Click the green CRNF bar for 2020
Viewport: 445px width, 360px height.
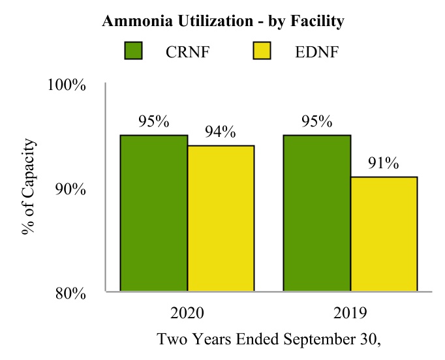tap(154, 213)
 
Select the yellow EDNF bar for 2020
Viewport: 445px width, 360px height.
tap(221, 218)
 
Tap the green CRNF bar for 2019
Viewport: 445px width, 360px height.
tap(317, 213)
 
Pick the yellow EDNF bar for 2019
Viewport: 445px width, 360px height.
tap(384, 233)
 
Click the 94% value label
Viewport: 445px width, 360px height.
tap(220, 132)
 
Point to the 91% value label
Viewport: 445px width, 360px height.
tap(383, 163)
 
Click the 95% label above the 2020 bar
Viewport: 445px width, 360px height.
tap(154, 121)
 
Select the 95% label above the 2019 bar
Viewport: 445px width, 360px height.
tap(317, 121)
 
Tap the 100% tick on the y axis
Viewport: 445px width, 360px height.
tap(68, 85)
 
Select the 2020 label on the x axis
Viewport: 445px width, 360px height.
tap(187, 312)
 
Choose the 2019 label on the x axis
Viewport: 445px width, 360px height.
tap(350, 312)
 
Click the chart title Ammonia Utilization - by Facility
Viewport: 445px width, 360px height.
tap(222, 22)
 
